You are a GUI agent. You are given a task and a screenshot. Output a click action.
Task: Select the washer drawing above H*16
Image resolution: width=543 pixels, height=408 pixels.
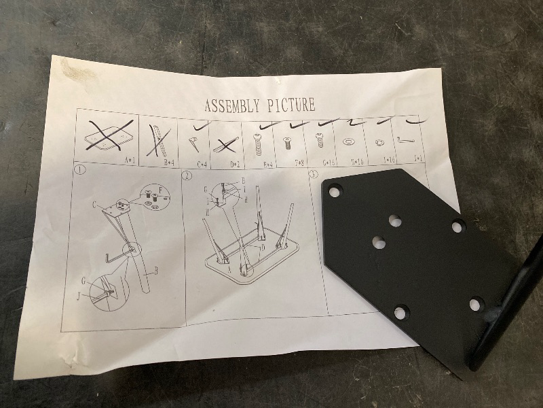(x=348, y=142)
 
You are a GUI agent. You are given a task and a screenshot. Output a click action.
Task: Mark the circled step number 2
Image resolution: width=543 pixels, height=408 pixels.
(x=187, y=175)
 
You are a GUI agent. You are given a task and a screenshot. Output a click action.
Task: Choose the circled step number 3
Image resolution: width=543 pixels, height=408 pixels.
(x=314, y=174)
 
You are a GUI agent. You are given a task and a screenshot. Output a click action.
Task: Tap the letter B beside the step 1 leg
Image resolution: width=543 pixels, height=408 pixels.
(x=155, y=271)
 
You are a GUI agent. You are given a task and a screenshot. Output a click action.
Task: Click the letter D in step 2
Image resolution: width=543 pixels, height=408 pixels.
(x=263, y=248)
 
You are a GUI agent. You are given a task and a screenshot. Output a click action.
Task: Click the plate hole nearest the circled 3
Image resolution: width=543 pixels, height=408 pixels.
(x=335, y=192)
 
